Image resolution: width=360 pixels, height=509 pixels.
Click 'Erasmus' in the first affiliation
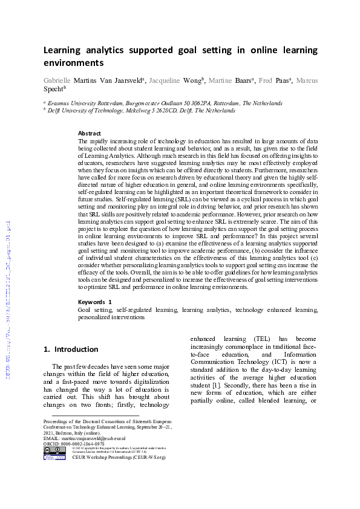[x=62, y=103]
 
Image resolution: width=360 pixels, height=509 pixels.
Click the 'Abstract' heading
[x=90, y=134]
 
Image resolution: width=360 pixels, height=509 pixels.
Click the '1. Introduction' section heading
[x=71, y=349]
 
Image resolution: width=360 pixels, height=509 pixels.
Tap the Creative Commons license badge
[x=51, y=450]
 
